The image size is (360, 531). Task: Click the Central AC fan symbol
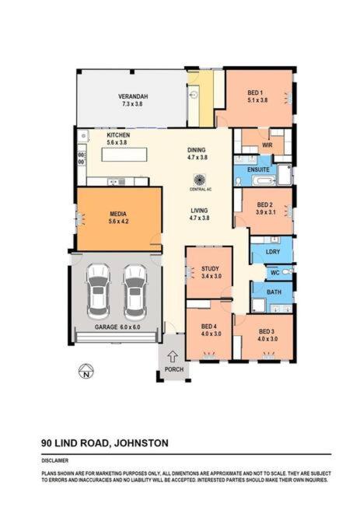pos(198,180)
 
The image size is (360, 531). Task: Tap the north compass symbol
pos(86,371)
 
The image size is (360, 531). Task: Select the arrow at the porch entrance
pos(173,357)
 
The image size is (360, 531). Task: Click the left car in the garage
pos(98,292)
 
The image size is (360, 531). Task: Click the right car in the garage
pos(135,292)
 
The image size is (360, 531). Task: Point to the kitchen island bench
pos(124,155)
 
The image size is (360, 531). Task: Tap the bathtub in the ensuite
pos(264,180)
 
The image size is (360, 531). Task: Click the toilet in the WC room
pos(287,272)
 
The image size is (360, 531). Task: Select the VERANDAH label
pos(133,96)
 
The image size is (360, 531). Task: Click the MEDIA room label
pos(118,214)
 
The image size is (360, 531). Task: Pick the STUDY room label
pos(210,269)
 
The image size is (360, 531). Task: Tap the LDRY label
pos(273,252)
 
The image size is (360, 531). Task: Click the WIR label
pos(267,145)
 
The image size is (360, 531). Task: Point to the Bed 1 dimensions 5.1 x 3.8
pos(257,100)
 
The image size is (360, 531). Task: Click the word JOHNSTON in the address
pos(142,443)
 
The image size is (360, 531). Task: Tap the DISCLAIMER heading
pos(55,460)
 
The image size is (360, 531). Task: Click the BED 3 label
pos(267,331)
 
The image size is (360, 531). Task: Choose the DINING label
pos(197,150)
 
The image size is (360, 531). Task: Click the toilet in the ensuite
pos(239,181)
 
